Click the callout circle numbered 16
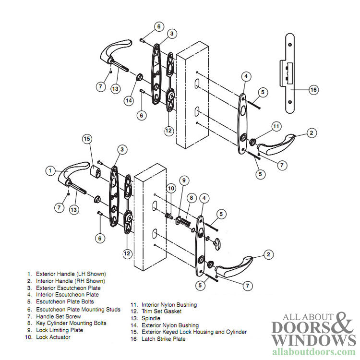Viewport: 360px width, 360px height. click(x=313, y=90)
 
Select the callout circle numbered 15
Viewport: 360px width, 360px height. click(x=87, y=139)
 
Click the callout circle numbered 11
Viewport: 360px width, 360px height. click(x=276, y=127)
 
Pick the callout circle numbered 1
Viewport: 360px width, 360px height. click(x=51, y=170)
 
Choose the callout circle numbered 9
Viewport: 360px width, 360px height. click(x=183, y=180)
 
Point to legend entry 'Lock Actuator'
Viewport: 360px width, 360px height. click(x=53, y=337)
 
